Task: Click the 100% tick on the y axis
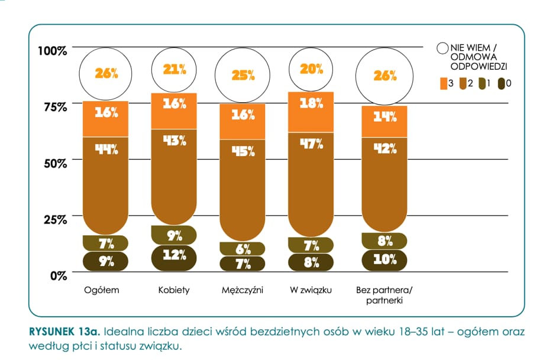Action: click(x=53, y=51)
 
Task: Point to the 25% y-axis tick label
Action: click(x=55, y=219)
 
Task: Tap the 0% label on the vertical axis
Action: click(x=59, y=276)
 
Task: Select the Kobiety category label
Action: click(x=174, y=290)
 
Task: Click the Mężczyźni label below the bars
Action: click(x=243, y=290)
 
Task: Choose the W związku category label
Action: click(x=311, y=290)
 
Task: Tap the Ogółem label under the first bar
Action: click(x=102, y=290)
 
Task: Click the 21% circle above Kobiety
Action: click(x=174, y=70)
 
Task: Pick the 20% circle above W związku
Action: click(x=311, y=70)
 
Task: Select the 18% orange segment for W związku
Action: click(x=311, y=112)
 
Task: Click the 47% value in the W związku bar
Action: click(x=311, y=144)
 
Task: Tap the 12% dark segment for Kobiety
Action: click(x=174, y=258)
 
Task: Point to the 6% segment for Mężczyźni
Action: click(x=243, y=249)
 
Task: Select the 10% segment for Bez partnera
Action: click(x=384, y=260)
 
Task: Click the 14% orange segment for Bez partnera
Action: click(x=384, y=122)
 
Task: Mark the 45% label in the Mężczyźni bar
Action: click(x=243, y=151)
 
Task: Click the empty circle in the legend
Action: click(x=442, y=48)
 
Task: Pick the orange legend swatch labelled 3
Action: click(x=444, y=84)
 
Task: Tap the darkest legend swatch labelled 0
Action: click(x=501, y=84)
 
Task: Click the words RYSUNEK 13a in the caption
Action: click(x=64, y=332)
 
